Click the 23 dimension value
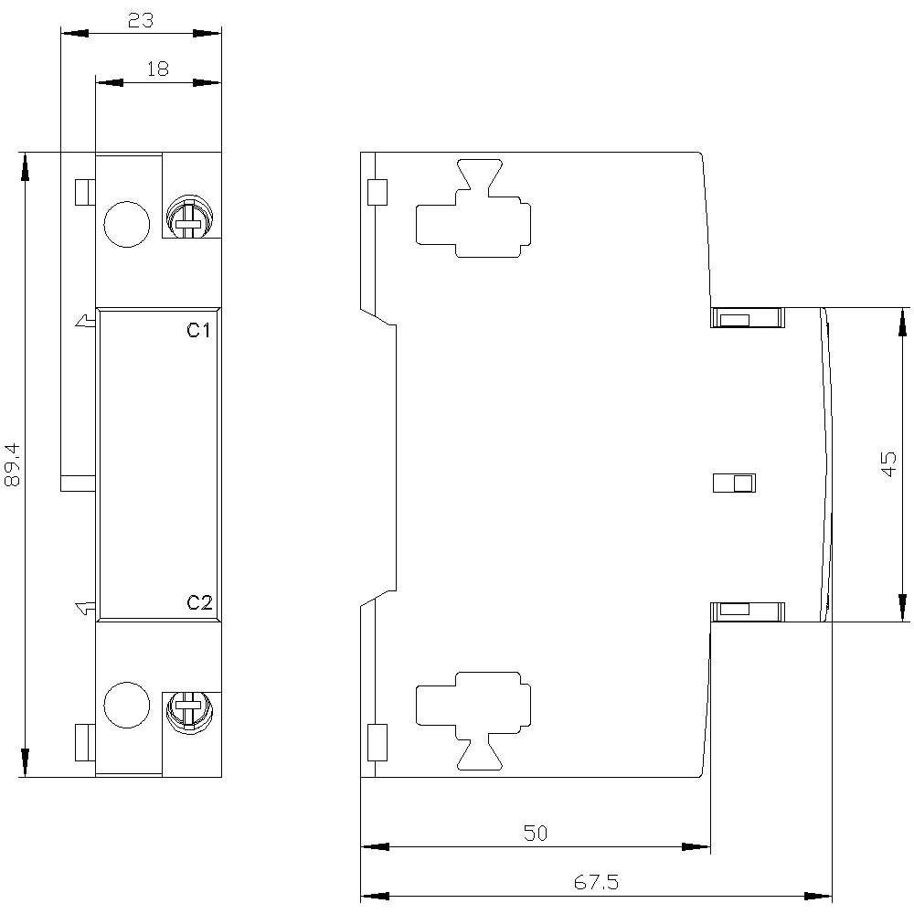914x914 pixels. click(141, 20)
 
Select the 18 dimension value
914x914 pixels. click(157, 69)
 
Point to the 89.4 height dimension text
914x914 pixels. click(13, 464)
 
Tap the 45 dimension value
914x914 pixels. click(888, 464)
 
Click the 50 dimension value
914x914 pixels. click(535, 833)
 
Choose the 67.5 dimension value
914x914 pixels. click(596, 882)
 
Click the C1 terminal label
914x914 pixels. click(198, 331)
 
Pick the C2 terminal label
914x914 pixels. click(199, 602)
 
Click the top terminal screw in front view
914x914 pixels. click(189, 217)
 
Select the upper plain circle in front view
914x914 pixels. click(126, 225)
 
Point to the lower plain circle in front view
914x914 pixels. click(126, 705)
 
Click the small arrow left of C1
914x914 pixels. click(86, 320)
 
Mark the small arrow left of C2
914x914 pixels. click(86, 608)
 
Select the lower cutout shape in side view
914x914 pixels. click(473, 720)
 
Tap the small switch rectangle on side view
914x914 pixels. click(735, 484)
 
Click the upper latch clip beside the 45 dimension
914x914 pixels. click(748, 318)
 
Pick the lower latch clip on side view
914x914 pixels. click(748, 611)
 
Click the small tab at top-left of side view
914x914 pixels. click(377, 192)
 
